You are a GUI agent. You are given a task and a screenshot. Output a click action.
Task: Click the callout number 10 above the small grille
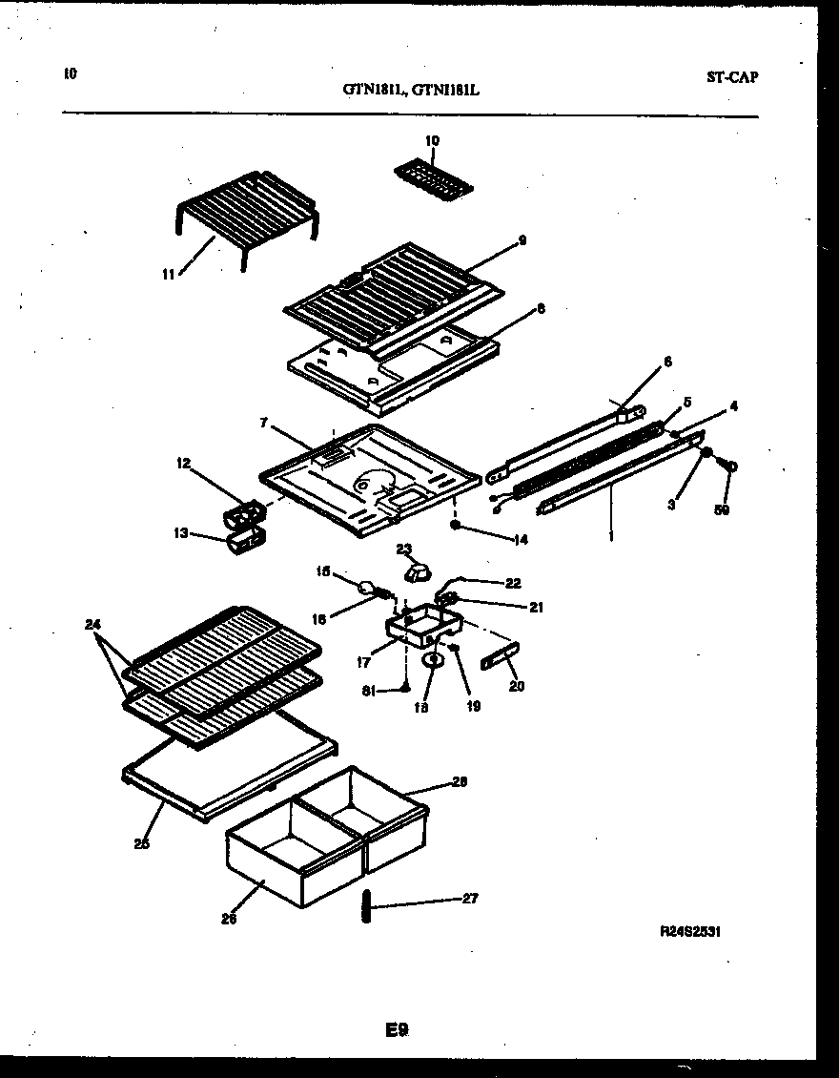[432, 141]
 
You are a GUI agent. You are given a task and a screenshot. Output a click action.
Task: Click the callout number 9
[522, 240]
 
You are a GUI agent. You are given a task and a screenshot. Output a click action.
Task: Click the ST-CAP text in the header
[732, 77]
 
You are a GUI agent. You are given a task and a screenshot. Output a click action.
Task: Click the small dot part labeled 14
[457, 524]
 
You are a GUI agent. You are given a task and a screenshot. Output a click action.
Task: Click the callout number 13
[180, 534]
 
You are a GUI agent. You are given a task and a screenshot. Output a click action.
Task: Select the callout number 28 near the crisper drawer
[459, 781]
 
